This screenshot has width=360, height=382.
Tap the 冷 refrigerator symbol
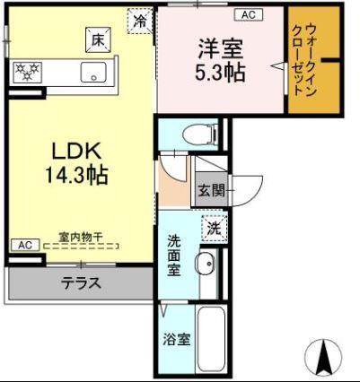(x=139, y=18)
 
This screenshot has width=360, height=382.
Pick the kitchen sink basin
(x=93, y=72)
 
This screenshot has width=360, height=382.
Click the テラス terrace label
(x=81, y=284)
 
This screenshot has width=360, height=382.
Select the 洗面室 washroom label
(x=175, y=256)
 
